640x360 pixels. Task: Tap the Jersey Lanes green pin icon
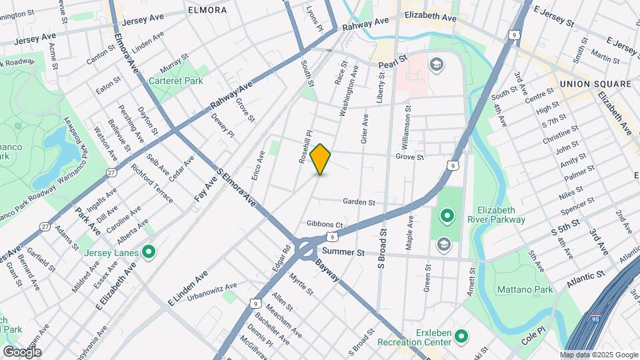click(148, 252)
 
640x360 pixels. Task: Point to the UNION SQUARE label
click(595, 84)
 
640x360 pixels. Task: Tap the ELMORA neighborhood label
click(207, 10)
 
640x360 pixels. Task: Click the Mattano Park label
click(525, 290)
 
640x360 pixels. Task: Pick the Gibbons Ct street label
click(325, 224)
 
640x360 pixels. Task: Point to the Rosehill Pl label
click(305, 147)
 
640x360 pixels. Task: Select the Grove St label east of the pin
click(410, 157)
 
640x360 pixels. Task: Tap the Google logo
click(23, 351)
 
